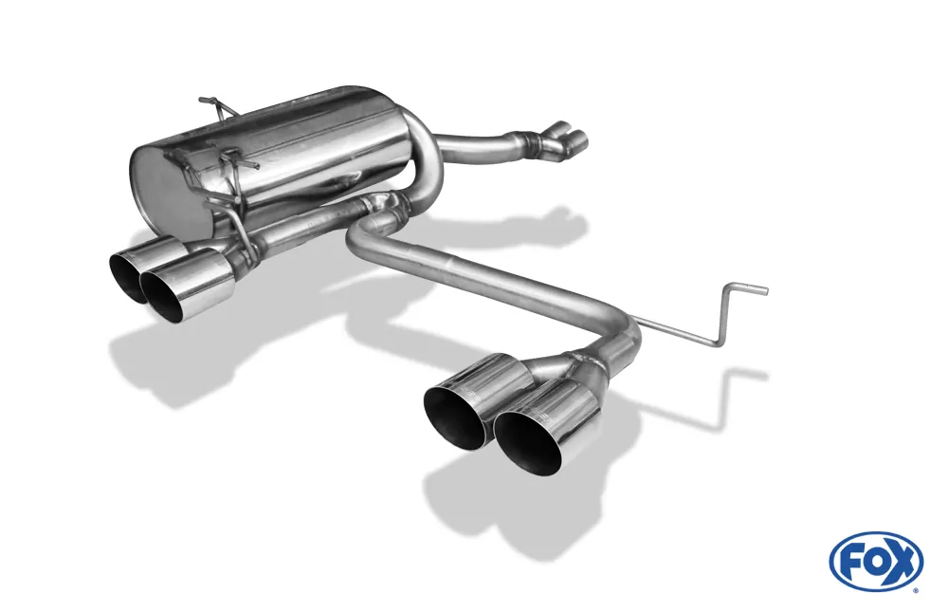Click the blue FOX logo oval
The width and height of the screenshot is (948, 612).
[x=875, y=561]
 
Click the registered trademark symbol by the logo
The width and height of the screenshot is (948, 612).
[x=915, y=589]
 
